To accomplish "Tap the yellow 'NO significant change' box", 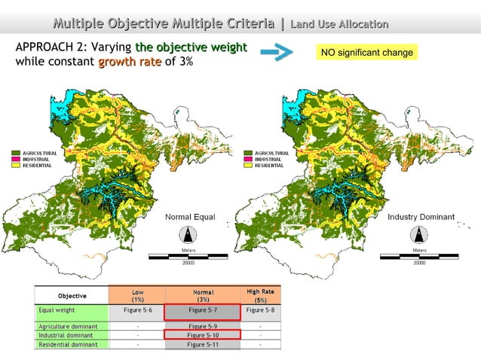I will [366, 53].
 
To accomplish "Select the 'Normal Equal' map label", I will [190, 217].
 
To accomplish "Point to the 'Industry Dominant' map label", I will [421, 217].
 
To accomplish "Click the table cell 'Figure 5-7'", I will [203, 310].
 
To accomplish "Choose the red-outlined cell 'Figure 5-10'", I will [203, 335].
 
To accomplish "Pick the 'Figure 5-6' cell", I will [138, 310].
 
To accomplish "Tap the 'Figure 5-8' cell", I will [260, 310].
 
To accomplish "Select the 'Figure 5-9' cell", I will [203, 326].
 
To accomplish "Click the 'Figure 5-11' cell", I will [203, 344].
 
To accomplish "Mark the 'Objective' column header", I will [72, 295].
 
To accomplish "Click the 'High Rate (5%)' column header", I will [260, 295].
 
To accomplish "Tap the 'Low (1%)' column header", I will [138, 295].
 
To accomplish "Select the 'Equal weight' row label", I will [57, 310].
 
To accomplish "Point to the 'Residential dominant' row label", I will [68, 344].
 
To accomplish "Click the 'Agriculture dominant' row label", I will [68, 326].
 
